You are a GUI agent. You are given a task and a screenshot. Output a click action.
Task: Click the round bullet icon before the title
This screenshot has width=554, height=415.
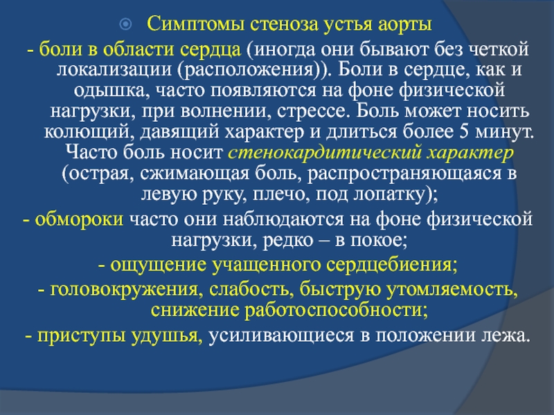point(125,24)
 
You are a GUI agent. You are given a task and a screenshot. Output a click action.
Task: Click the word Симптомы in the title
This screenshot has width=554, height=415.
point(195,25)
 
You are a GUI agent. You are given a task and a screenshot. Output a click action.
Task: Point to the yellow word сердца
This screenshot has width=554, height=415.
point(211,50)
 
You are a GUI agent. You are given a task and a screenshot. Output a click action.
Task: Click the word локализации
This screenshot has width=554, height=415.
point(114,71)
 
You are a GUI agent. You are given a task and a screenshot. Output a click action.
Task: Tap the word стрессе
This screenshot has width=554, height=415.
point(314,112)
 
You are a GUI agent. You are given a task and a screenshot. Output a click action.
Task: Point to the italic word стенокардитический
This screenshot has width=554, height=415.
point(324,153)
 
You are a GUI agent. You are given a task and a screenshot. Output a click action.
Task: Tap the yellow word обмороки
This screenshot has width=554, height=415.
point(79,219)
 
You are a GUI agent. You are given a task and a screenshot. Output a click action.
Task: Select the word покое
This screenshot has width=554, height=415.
point(378,241)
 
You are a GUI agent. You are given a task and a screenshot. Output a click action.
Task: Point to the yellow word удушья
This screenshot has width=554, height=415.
point(167,335)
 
